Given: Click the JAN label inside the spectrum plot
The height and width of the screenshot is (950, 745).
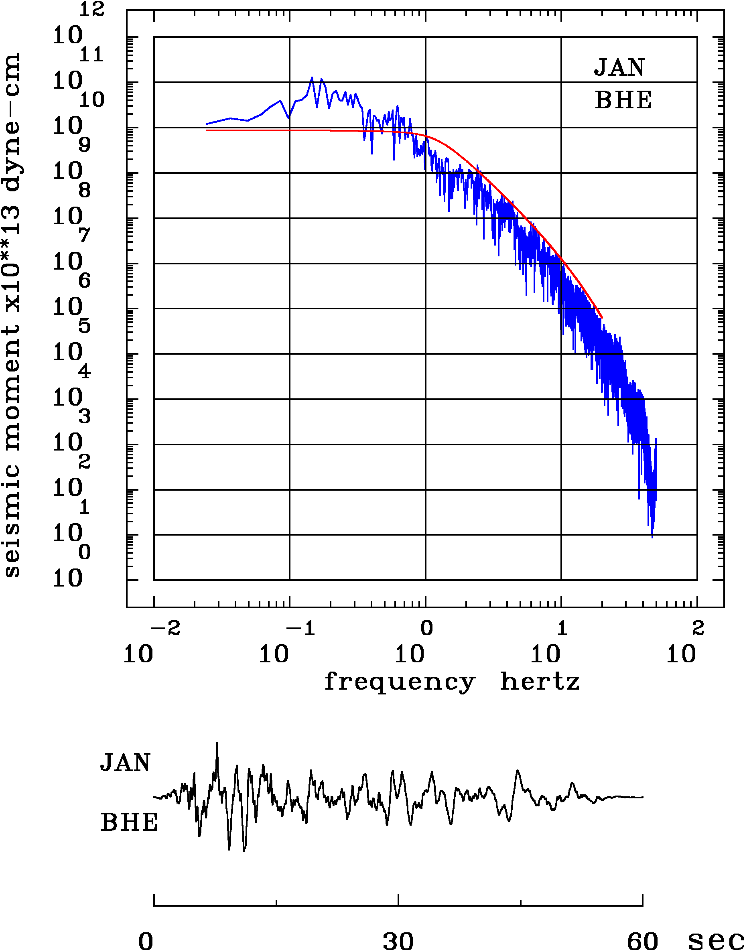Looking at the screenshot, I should coord(619,68).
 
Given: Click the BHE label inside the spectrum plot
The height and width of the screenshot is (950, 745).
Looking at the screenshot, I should coord(623,100).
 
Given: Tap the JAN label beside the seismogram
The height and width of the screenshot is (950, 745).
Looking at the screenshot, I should coord(125,763).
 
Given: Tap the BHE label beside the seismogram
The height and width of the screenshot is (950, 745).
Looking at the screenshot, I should coord(129,823).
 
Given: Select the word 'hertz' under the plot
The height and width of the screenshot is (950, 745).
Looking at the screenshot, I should coord(540,681).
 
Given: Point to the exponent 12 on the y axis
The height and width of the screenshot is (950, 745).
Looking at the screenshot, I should coord(92,10).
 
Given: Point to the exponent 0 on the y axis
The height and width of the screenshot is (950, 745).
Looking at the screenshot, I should coord(85,552).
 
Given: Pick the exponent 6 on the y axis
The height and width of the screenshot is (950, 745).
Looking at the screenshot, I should coord(85,281).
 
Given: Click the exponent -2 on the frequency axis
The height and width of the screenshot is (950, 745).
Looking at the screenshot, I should coord(165,629).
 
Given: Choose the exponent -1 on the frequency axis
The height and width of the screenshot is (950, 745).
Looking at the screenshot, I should coord(301,629).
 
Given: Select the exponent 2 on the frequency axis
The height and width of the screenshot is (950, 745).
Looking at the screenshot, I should coord(698,629).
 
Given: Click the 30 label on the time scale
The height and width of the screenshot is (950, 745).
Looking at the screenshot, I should coord(398,940).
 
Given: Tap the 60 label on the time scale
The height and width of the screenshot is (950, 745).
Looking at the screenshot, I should coord(642,940).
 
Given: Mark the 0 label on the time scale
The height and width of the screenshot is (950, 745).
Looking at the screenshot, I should coord(146,940).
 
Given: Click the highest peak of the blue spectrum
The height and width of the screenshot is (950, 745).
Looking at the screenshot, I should coord(312,78).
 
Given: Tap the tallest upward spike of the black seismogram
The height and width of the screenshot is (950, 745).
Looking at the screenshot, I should coord(217,743).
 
